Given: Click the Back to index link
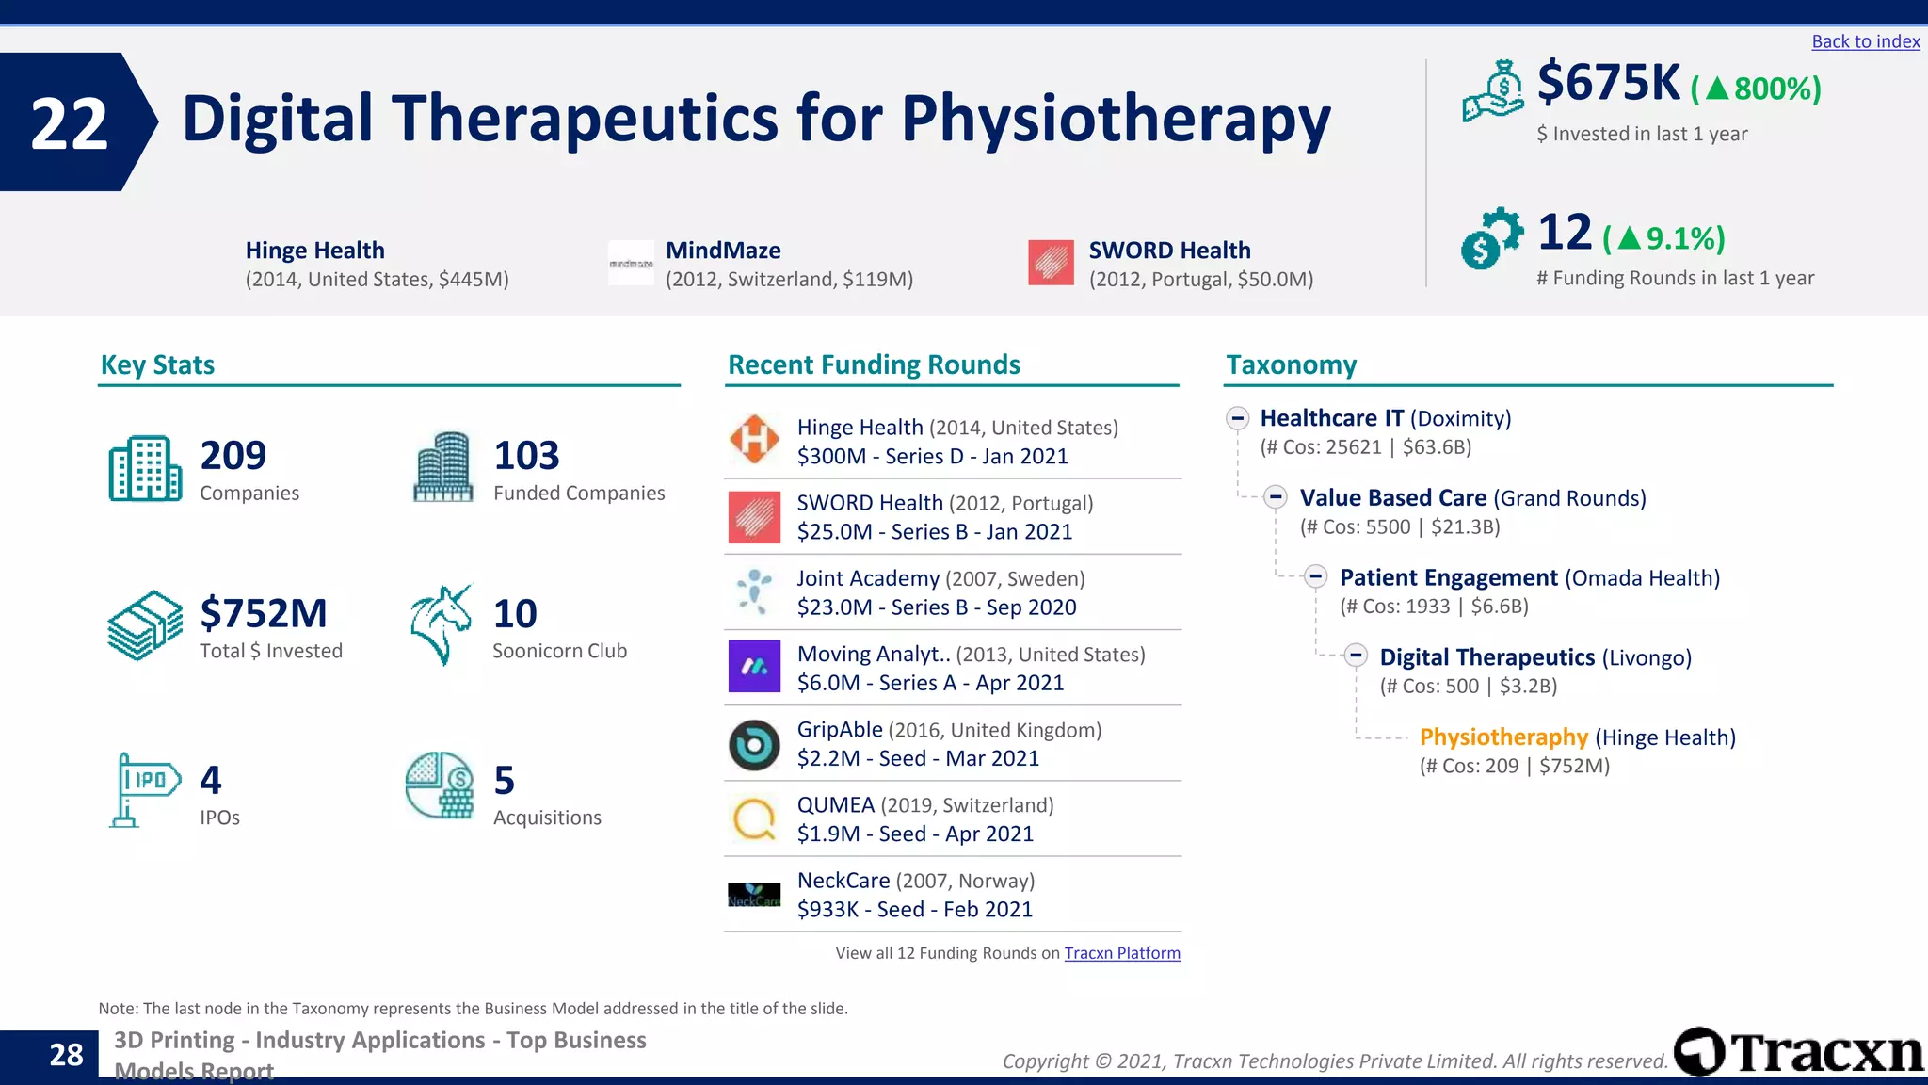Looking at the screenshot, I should (1865, 41).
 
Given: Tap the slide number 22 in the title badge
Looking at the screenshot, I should (69, 123).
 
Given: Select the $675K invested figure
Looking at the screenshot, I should (1608, 83).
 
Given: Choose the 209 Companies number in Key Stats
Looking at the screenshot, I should (233, 456).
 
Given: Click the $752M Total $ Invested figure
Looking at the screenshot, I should (264, 614).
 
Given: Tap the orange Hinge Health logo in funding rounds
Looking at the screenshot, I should (754, 440).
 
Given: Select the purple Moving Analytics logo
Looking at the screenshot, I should (754, 667).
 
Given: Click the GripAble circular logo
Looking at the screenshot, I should (754, 745).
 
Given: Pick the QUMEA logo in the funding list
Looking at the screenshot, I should (754, 819).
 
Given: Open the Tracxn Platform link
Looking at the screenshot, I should (1122, 953).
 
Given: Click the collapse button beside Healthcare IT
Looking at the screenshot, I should (1238, 418).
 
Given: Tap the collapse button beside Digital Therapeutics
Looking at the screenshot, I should (1356, 656).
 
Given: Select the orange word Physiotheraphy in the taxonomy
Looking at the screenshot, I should (1503, 737).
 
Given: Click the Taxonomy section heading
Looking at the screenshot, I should (1291, 365).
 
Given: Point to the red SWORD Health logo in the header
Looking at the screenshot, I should (1051, 263).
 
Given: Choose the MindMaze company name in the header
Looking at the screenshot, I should (723, 251).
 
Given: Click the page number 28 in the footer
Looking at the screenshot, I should (66, 1055).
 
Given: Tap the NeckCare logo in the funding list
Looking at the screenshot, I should (754, 895).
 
